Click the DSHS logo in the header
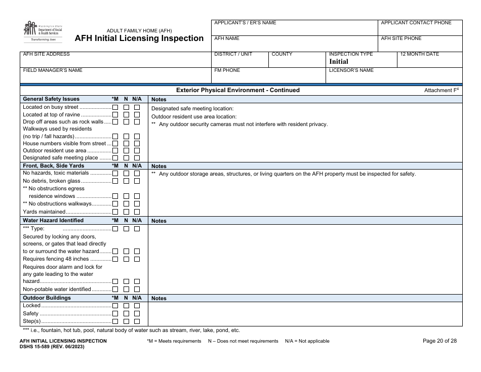tap(43, 31)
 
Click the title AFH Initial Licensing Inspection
tap(139, 38)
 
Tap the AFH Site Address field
tap(115, 59)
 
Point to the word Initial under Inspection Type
tap(339, 61)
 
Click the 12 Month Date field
tap(430, 59)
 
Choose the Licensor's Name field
tap(394, 75)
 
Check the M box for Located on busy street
tap(115, 108)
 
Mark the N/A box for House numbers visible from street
tap(137, 144)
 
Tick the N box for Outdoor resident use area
tap(126, 151)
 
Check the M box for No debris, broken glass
tap(115, 181)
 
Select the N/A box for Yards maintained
tap(137, 212)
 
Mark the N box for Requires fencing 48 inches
tap(126, 259)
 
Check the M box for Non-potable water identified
tap(115, 290)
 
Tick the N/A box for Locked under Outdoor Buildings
tap(137, 306)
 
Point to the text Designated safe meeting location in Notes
tap(192, 108)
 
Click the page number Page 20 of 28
tap(439, 341)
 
